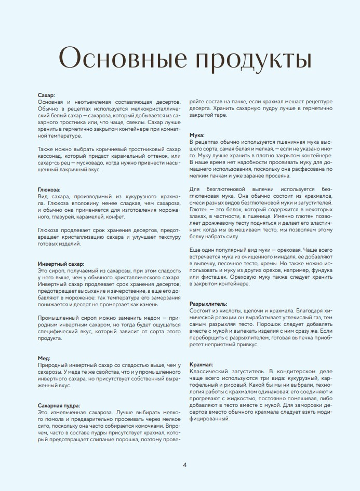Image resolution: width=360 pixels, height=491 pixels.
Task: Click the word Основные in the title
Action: pyautogui.click(x=119, y=58)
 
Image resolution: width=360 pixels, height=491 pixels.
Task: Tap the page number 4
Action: pyautogui.click(x=185, y=464)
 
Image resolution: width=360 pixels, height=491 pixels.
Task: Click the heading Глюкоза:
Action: pyautogui.click(x=50, y=191)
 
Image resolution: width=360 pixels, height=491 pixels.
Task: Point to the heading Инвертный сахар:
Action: pyautogui.click(x=61, y=264)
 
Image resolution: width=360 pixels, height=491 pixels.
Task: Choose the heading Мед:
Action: pyautogui.click(x=44, y=358)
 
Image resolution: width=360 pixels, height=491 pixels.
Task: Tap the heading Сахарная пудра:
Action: pyautogui.click(x=59, y=404)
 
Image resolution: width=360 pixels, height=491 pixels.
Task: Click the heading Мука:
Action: pyautogui.click(x=197, y=135)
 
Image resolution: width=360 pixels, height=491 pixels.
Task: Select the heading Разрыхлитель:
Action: pyautogui.click(x=210, y=303)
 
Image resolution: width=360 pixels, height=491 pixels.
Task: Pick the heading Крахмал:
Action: pyautogui.click(x=202, y=365)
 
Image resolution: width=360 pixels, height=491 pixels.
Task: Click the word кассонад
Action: pyautogui.click(x=52, y=156)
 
